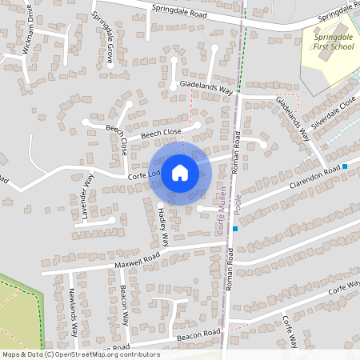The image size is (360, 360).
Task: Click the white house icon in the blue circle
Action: click(x=180, y=172)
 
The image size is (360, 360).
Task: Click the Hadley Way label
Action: click(x=162, y=226)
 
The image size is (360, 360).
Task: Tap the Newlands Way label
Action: click(x=73, y=310)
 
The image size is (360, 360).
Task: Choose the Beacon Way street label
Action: click(x=125, y=305)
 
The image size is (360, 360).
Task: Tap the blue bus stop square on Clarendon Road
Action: click(x=345, y=166)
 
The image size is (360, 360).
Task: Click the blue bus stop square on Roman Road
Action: click(x=236, y=229)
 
